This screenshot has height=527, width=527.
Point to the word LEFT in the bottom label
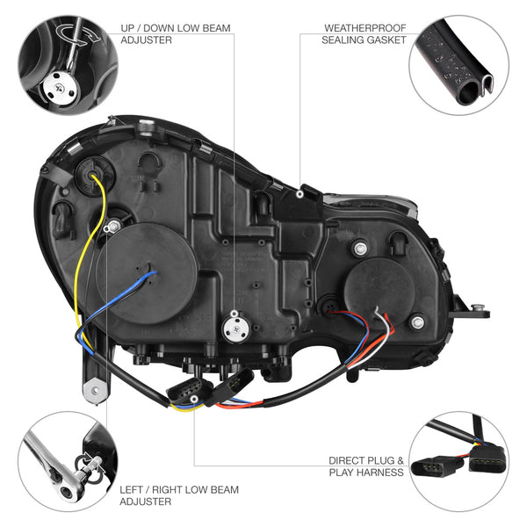coord(134,489)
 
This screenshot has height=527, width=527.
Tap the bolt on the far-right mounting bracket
coord(477,306)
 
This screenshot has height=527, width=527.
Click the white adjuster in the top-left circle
coord(57,87)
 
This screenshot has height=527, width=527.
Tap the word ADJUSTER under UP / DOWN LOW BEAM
coord(146,40)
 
